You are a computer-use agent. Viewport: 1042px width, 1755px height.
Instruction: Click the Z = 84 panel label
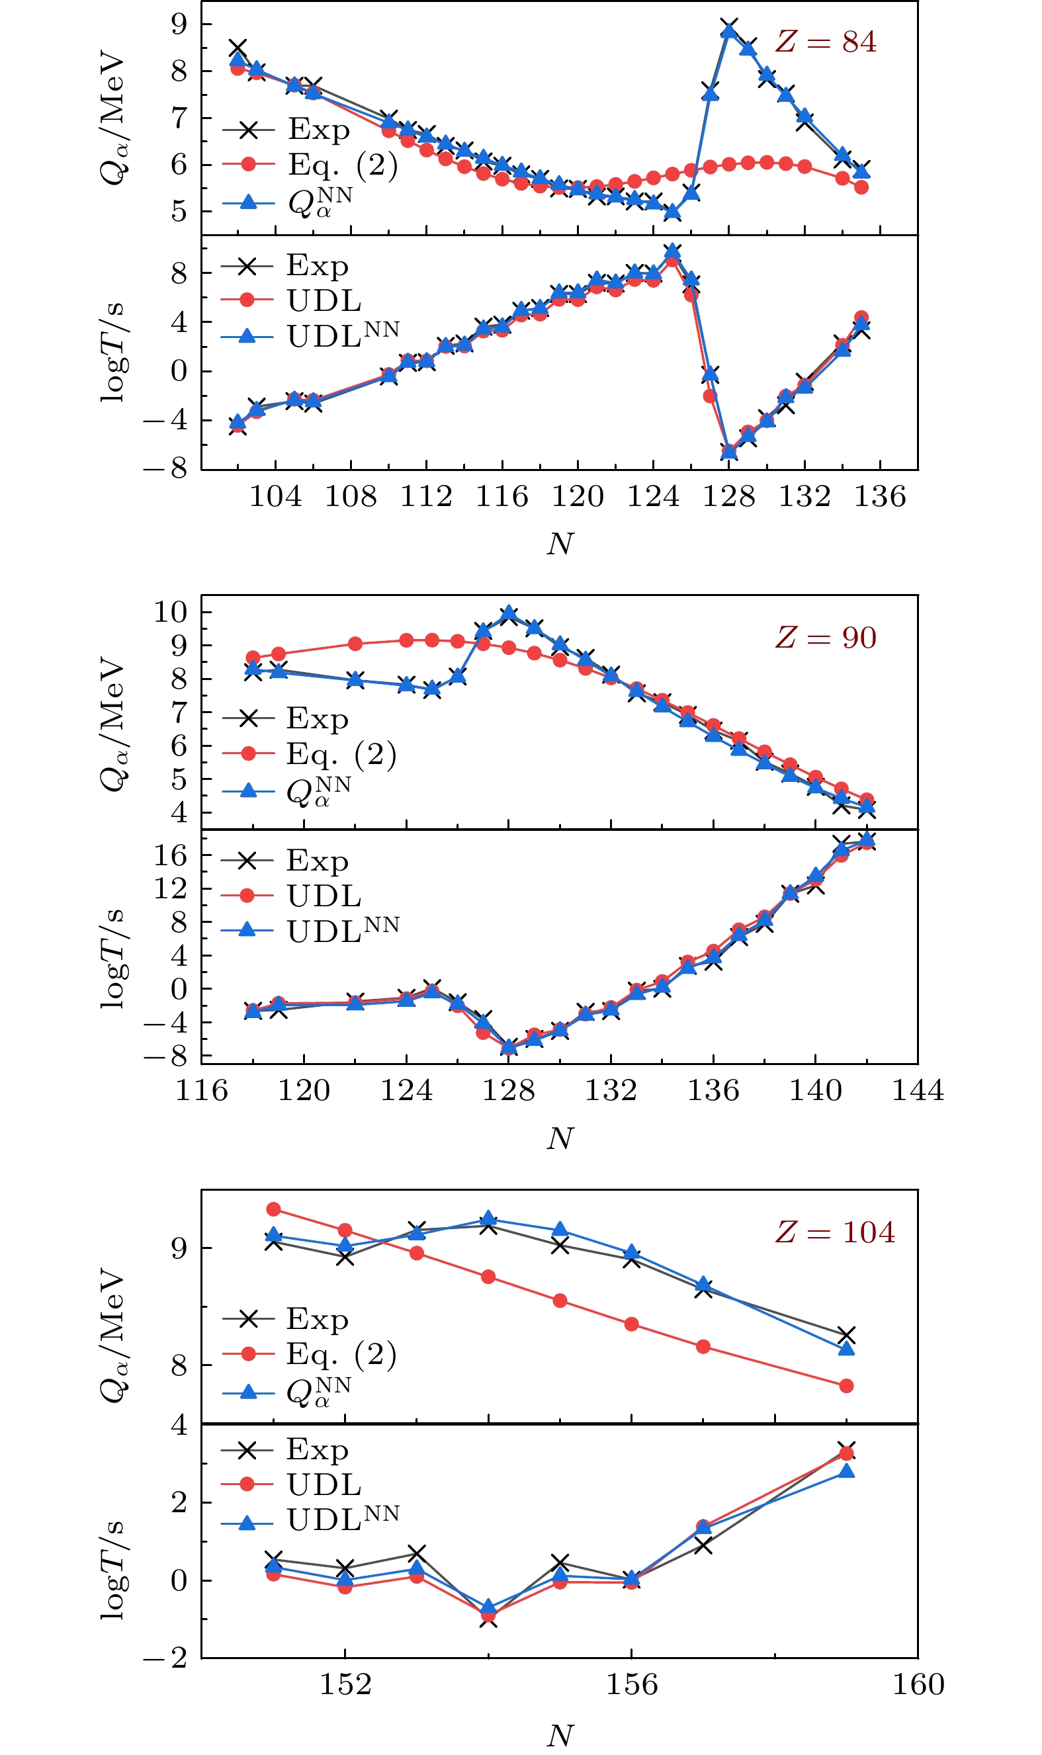click(x=826, y=42)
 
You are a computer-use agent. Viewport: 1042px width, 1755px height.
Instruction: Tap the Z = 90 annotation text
click(x=826, y=638)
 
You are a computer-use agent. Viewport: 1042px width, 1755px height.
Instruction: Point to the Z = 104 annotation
click(x=835, y=1232)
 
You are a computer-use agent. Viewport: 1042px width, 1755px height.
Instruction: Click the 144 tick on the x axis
click(x=917, y=1090)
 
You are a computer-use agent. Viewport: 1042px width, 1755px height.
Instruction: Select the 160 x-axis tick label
click(x=917, y=1685)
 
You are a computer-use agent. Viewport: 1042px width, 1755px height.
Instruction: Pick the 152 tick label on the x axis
click(x=345, y=1685)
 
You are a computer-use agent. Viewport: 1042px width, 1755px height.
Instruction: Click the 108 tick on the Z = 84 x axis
click(x=351, y=497)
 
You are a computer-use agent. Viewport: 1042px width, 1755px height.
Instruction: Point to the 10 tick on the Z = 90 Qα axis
click(x=171, y=612)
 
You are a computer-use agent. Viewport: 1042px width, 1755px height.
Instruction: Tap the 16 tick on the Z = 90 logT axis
click(x=171, y=856)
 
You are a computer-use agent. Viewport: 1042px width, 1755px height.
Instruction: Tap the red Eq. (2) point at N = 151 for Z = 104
click(x=274, y=1209)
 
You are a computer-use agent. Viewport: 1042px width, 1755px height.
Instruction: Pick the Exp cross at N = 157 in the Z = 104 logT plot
click(x=703, y=1546)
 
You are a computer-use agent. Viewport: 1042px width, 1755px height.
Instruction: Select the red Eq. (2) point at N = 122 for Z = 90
click(x=355, y=644)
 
